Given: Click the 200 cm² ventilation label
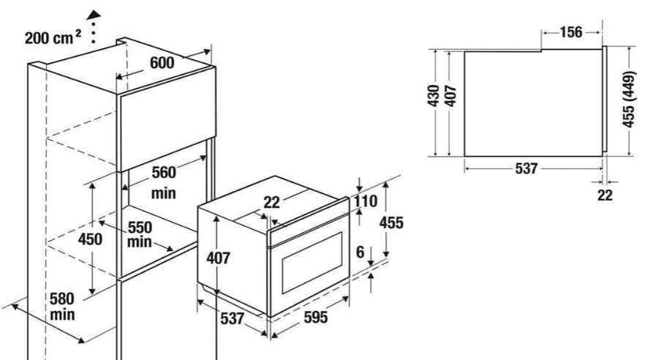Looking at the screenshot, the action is point(53,37).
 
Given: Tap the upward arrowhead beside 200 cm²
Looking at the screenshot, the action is point(94,15).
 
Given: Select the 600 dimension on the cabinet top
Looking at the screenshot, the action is point(162,63).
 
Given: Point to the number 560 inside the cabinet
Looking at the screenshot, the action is point(164,173).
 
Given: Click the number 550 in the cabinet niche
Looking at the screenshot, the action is point(140,228).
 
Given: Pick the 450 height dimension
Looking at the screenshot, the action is point(90,239).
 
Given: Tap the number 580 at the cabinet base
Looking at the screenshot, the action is point(61,299).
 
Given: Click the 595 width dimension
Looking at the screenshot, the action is point(315,318).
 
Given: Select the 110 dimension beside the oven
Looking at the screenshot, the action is point(366,201).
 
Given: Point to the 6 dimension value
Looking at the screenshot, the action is point(361,252).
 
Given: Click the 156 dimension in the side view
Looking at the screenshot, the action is point(571,32).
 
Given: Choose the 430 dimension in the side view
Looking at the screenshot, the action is point(434,95).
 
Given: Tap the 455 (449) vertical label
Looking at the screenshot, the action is point(629,100).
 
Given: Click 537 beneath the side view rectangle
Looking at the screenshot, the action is point(526,168).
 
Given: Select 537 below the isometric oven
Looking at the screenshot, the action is point(233,318).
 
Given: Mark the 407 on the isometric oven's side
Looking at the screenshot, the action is point(218,258).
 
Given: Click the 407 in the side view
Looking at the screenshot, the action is point(450,95).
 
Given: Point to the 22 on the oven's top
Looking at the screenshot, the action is point(271,203).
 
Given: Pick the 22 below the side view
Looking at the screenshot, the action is point(605,195).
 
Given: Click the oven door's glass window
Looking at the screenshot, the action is point(312,262).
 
